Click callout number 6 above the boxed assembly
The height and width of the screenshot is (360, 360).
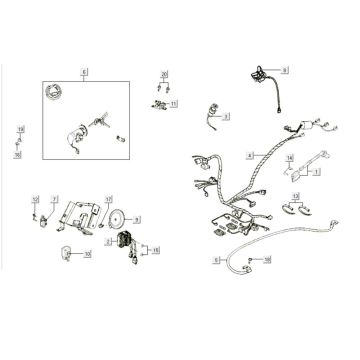(85, 72)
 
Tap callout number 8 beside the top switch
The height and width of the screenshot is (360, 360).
(284, 70)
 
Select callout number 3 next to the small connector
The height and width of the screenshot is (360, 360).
(226, 117)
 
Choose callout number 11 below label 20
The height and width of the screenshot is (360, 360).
(174, 103)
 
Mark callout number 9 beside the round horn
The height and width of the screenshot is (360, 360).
(137, 218)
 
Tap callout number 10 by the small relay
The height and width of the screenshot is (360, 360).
(87, 254)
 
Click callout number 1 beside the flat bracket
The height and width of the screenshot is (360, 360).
(317, 172)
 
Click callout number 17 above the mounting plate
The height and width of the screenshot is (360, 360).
(109, 199)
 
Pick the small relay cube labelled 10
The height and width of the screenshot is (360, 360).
(68, 251)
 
